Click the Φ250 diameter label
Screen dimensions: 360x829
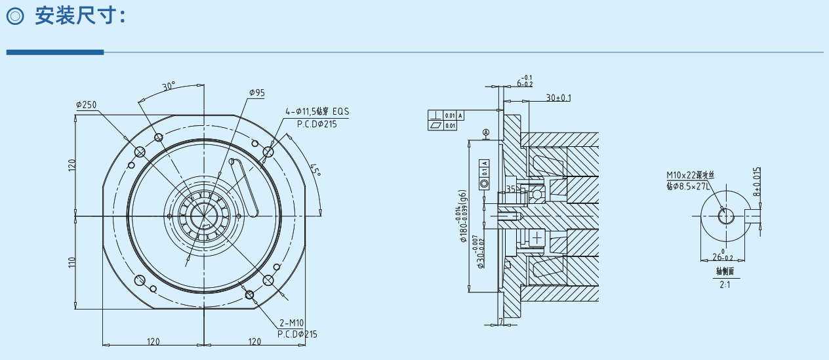coord(86,105)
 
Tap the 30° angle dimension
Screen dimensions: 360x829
coord(169,86)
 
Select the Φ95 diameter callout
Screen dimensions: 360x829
coord(256,93)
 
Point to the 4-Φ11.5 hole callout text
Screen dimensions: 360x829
coord(317,111)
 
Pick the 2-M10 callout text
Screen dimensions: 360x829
coord(291,323)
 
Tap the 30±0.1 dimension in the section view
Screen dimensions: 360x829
coord(558,98)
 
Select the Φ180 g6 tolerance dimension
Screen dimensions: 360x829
coord(462,216)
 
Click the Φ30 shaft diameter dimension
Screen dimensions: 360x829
coord(480,249)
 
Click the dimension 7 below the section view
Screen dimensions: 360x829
coord(500,321)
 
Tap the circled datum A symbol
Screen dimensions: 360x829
coord(486,132)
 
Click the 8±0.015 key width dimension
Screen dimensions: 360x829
coord(756,181)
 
